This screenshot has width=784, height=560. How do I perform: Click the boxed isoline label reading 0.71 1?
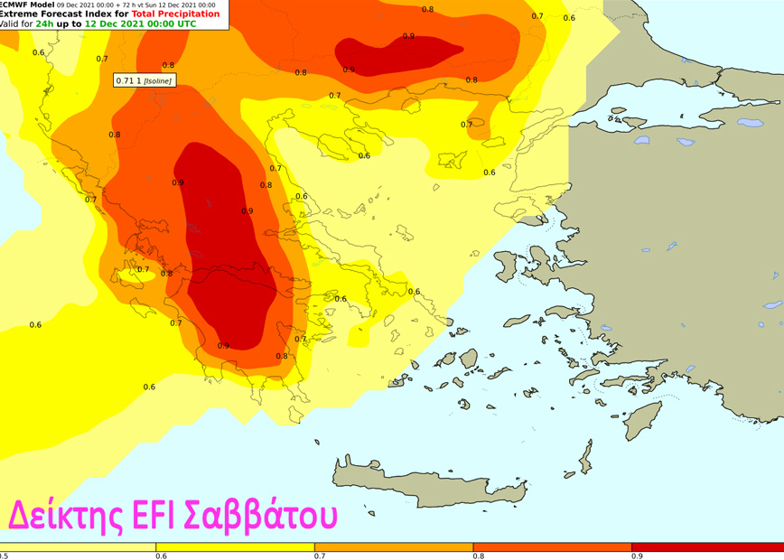(144, 80)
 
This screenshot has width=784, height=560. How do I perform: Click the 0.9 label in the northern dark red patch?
(408, 36)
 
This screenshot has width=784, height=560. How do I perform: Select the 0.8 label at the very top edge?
(427, 9)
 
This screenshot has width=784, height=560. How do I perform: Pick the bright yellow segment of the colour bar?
(235, 547)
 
